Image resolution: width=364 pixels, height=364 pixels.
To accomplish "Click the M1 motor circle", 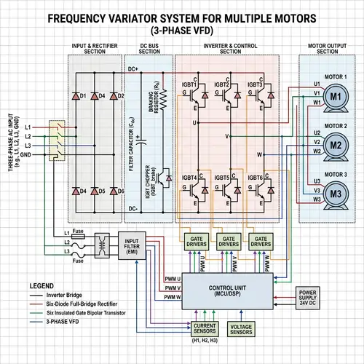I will pyautogui.click(x=336, y=96).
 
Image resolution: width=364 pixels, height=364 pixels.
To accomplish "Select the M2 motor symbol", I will pyautogui.click(x=336, y=144).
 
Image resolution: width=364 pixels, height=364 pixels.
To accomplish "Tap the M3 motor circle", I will pyautogui.click(x=336, y=193).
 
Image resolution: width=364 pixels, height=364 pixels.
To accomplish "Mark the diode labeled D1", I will pyautogui.click(x=84, y=95).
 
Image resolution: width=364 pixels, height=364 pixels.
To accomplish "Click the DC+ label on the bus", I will pyautogui.click(x=134, y=69).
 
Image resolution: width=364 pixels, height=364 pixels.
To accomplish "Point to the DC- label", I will pyautogui.click(x=134, y=209).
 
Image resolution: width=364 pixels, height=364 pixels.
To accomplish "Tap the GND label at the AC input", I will pyautogui.click(x=25, y=154).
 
